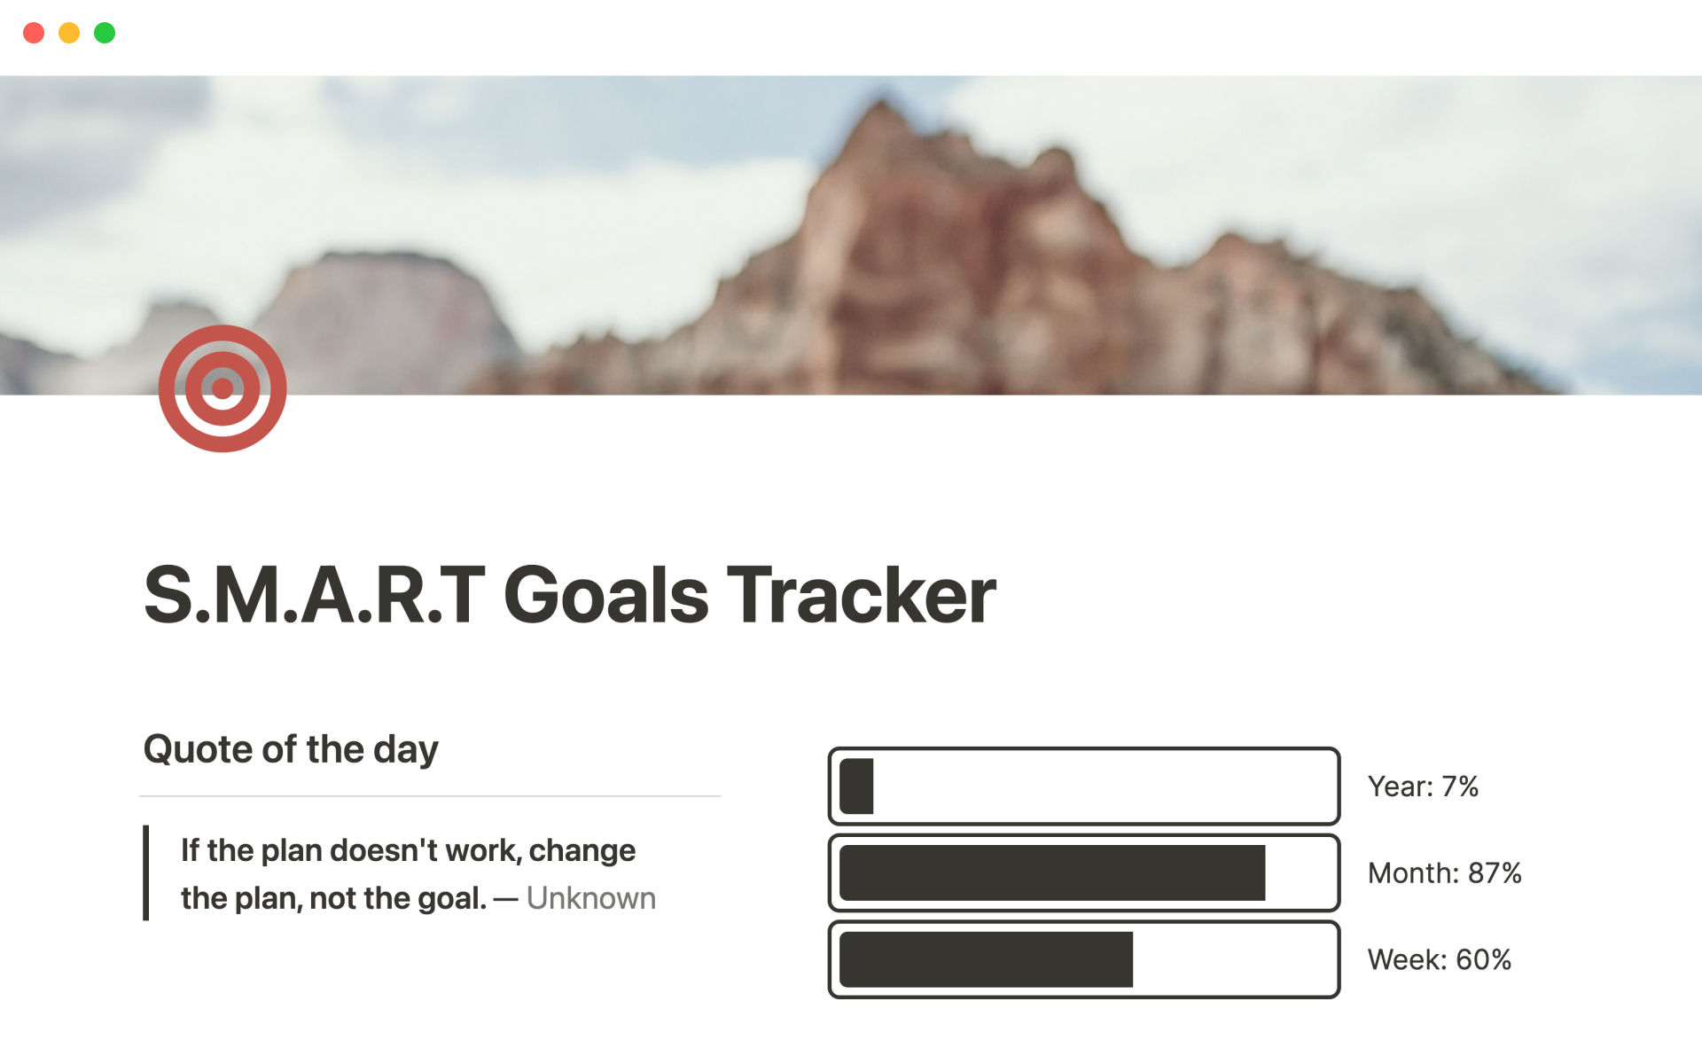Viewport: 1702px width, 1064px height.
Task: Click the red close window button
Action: coord(34,33)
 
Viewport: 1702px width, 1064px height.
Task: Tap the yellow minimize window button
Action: coord(69,33)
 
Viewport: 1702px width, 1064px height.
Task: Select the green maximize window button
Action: coord(105,33)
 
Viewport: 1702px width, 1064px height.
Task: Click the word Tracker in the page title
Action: coord(862,595)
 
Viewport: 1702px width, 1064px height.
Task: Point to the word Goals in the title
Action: coord(606,595)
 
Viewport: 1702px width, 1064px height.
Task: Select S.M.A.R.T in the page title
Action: coord(315,595)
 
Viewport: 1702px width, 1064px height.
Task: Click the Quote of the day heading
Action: coord(291,750)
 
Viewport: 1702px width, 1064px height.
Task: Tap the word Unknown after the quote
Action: coord(591,898)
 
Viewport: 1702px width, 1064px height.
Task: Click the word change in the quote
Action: coord(582,851)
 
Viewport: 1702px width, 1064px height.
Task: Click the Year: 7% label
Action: coord(1423,786)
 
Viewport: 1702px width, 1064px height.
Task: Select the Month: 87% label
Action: coord(1445,873)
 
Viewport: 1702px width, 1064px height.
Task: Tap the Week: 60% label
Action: coord(1440,959)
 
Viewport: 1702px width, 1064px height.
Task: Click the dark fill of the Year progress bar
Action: coord(856,786)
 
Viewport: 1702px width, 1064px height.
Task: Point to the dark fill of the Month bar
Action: coord(1052,873)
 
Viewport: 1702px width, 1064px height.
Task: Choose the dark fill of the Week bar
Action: coord(986,959)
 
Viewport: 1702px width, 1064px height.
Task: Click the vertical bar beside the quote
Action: coord(145,873)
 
